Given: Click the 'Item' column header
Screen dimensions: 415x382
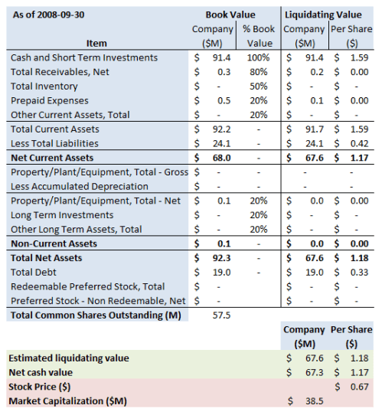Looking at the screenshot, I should [x=97, y=43].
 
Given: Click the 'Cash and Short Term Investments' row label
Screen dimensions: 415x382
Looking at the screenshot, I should [x=84, y=57].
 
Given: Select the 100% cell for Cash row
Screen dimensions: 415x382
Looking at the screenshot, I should [x=259, y=57].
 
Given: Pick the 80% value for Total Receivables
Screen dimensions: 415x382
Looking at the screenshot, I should [x=259, y=72].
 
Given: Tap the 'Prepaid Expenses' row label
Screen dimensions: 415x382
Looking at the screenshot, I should [x=50, y=100].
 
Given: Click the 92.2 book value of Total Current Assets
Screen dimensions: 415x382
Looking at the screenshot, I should [x=220, y=129].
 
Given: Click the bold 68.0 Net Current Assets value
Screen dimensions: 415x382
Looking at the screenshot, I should [x=220, y=158].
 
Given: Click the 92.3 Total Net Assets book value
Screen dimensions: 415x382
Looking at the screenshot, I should [x=220, y=258].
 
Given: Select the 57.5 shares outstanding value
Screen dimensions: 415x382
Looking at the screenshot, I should [x=220, y=315].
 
